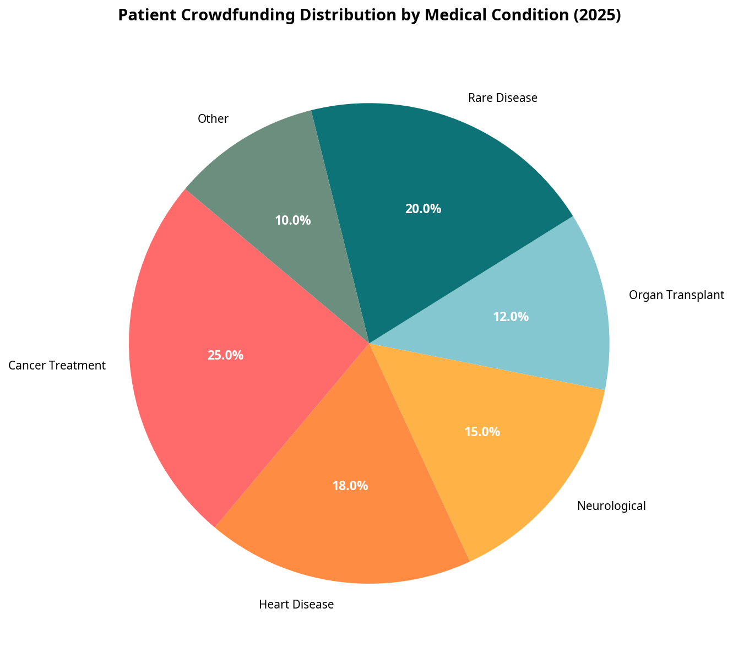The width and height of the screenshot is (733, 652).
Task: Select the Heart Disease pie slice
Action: tap(341, 529)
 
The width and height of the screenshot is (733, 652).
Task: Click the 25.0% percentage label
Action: tap(225, 356)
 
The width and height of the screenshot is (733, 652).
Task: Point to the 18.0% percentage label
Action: tap(350, 486)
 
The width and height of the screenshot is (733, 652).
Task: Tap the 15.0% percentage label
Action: tap(482, 432)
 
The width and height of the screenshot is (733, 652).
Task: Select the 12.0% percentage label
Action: tap(511, 317)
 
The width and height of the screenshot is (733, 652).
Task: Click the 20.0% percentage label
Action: tap(423, 209)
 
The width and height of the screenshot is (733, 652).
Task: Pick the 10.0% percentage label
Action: tap(293, 221)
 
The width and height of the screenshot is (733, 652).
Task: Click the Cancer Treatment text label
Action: tap(57, 365)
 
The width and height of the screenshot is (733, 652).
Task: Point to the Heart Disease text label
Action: tap(296, 605)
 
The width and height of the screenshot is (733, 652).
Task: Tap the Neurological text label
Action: tap(611, 506)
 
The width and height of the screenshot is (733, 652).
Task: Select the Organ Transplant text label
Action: tap(676, 295)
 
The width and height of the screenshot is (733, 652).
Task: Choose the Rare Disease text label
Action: tap(502, 98)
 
